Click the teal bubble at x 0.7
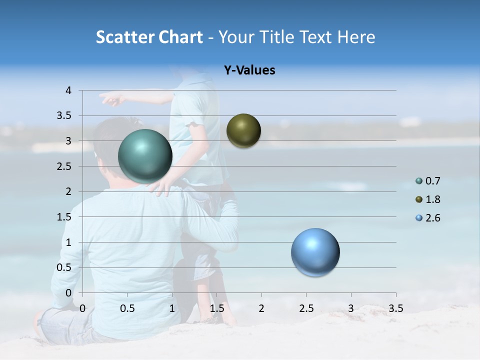pyautogui.click(x=145, y=156)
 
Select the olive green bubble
pyautogui.click(x=243, y=131)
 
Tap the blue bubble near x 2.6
pyautogui.click(x=315, y=252)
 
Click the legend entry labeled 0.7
pyautogui.click(x=432, y=181)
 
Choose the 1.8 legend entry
pyautogui.click(x=432, y=199)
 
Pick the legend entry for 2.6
pyautogui.click(x=432, y=218)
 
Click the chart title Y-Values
pyautogui.click(x=249, y=70)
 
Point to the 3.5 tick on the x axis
pyautogui.click(x=395, y=308)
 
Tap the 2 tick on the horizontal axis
pyautogui.click(x=261, y=308)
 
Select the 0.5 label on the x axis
pyautogui.click(x=127, y=308)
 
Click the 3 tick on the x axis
pyautogui.click(x=351, y=308)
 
